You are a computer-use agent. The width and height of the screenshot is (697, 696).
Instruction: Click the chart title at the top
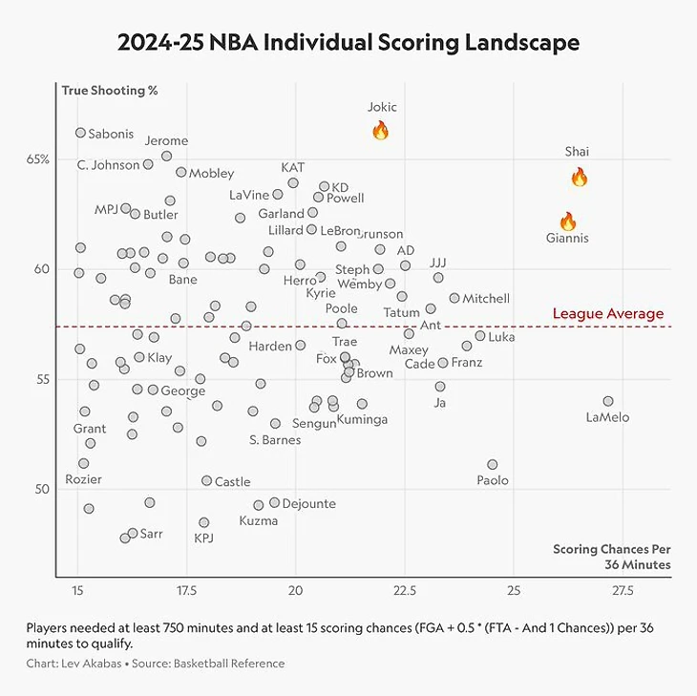tap(348, 43)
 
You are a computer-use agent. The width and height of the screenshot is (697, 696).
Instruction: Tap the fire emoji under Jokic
tap(380, 130)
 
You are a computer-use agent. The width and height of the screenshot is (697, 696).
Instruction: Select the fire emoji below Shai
tap(579, 177)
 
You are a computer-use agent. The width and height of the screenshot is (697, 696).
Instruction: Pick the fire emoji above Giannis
tap(567, 221)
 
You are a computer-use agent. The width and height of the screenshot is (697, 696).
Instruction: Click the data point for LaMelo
tap(608, 401)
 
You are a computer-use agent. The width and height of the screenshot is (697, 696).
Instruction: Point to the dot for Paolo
tap(492, 465)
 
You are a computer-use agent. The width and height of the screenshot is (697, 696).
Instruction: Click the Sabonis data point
tap(80, 133)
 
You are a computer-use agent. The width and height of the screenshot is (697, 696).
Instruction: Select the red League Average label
tap(607, 314)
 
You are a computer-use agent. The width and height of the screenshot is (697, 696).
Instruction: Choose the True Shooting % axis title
tap(109, 91)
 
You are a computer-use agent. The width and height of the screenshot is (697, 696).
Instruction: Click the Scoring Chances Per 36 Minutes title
tap(612, 557)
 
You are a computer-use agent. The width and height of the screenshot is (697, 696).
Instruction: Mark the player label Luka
tap(501, 337)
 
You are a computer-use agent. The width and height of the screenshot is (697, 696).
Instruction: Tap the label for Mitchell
tap(486, 299)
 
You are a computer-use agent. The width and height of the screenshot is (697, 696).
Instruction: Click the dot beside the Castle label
tap(206, 480)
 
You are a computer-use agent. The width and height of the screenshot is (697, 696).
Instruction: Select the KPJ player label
tap(203, 538)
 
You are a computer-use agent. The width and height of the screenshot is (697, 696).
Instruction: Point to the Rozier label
tap(83, 479)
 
